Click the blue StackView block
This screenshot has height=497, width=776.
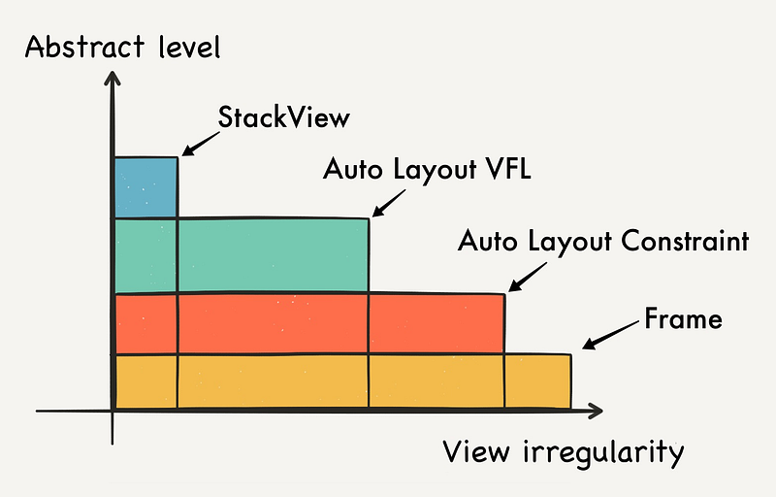pyautogui.click(x=146, y=187)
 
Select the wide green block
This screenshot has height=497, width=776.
pyautogui.click(x=274, y=255)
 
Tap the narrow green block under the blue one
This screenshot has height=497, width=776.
pyautogui.click(x=146, y=256)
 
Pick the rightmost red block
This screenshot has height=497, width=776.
pyautogui.click(x=436, y=324)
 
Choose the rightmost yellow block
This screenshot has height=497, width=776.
pyautogui.click(x=538, y=381)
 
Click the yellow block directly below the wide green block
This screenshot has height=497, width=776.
pyautogui.click(x=274, y=381)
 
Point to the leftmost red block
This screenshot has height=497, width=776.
pyautogui.click(x=146, y=324)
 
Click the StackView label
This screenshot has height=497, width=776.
pyautogui.click(x=283, y=117)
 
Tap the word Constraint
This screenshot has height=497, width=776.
pyautogui.click(x=685, y=241)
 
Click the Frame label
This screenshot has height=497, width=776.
pyautogui.click(x=683, y=318)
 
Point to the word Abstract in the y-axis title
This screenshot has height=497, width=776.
pyautogui.click(x=84, y=47)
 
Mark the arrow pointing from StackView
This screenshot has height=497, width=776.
pyautogui.click(x=201, y=144)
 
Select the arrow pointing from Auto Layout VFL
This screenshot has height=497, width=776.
pyautogui.click(x=389, y=204)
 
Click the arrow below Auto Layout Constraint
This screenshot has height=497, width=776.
pyautogui.click(x=528, y=278)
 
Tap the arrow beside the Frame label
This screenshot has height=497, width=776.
pyautogui.click(x=611, y=335)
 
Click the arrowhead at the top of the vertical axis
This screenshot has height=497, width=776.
pyautogui.click(x=113, y=79)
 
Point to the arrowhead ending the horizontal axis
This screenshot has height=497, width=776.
pyautogui.click(x=595, y=411)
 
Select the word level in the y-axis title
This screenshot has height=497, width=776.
pyautogui.click(x=189, y=47)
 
